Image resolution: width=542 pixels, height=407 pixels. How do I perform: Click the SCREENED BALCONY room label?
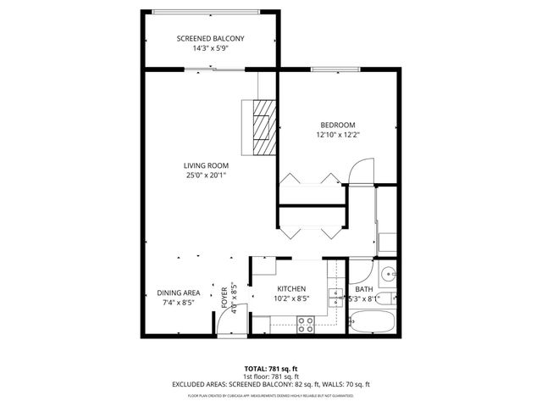click(210, 39)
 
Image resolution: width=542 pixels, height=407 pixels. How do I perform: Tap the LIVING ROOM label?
click(207, 165)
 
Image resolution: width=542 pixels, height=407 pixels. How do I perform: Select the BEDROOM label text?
click(337, 125)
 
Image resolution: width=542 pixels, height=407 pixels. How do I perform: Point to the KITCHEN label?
click(291, 289)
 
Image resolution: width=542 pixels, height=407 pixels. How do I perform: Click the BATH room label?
click(364, 289)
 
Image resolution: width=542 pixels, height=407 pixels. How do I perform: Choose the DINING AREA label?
click(178, 293)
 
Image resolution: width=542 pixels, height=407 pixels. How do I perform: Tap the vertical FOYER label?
click(224, 297)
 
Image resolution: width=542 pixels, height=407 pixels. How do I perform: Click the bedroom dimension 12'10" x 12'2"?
click(337, 135)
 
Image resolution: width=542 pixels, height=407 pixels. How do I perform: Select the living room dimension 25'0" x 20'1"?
click(207, 176)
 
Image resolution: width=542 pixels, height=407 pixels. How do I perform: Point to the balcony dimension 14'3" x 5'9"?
click(210, 49)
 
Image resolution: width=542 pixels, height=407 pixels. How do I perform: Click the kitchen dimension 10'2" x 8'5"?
click(291, 299)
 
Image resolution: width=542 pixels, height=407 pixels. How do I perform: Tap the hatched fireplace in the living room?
click(263, 126)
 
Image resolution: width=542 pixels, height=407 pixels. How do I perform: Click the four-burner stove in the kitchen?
click(305, 323)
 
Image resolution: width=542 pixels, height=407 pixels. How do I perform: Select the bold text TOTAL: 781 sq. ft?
click(270, 367)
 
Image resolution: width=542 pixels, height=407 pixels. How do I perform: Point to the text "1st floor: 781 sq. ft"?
click(270, 376)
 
